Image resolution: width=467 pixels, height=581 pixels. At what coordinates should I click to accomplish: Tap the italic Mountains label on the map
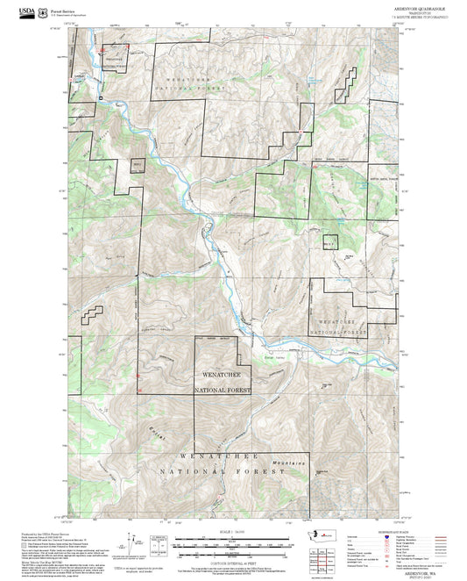tap(294, 463)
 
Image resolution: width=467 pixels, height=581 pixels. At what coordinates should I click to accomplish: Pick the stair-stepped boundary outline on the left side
tap(92, 316)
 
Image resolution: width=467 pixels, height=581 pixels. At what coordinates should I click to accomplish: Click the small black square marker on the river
tap(101, 96)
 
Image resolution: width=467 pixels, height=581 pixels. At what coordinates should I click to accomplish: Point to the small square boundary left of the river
tap(137, 164)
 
